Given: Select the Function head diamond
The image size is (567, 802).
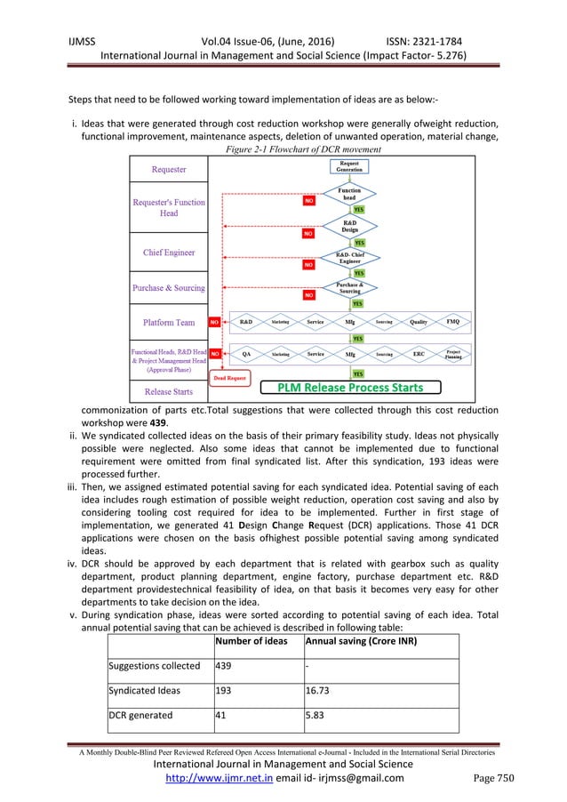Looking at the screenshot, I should (x=349, y=194).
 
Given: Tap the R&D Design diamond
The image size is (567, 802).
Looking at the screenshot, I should (x=349, y=226).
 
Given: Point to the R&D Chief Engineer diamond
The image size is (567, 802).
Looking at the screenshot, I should (x=349, y=257).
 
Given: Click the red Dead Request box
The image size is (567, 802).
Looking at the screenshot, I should (x=231, y=377).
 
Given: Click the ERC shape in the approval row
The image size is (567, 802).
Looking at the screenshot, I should (x=419, y=354).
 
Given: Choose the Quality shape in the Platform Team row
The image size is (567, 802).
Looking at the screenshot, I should (x=419, y=321).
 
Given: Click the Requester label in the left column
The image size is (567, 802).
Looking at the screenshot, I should (x=169, y=170).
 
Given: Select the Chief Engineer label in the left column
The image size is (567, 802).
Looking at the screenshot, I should (x=169, y=253).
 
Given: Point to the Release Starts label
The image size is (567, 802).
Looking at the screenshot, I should (x=169, y=390).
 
